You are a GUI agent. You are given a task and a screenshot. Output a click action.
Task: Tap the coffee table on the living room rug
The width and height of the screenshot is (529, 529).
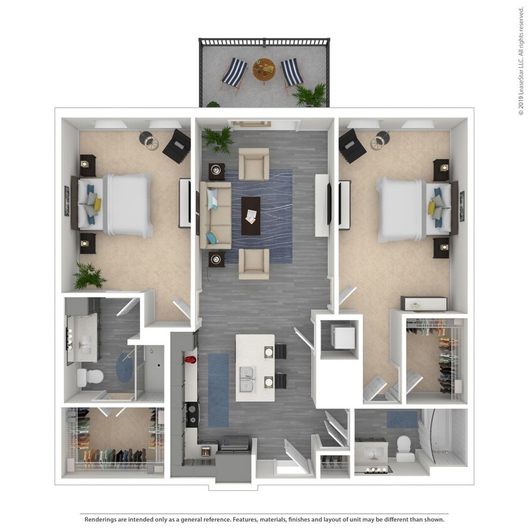(251, 215)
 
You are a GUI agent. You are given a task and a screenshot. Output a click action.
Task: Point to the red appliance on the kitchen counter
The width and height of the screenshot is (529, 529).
(191, 360)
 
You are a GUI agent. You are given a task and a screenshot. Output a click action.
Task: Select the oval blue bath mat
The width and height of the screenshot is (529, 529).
(123, 368)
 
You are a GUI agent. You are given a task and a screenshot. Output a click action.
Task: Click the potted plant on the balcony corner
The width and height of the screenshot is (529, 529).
(310, 95)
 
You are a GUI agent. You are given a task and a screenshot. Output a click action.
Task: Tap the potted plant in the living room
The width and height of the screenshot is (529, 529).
(218, 139)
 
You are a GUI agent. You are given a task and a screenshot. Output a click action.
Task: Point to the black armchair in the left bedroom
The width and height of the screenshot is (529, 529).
(177, 146)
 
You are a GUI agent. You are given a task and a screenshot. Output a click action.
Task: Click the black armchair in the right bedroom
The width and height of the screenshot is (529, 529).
(352, 145)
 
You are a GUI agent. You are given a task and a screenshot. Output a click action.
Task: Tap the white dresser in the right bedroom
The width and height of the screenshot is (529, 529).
(424, 303)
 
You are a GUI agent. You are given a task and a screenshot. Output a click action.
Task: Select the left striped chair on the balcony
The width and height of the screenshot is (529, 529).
(233, 73)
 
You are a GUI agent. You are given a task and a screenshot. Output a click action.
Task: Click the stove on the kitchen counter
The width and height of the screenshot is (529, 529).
(191, 414)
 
